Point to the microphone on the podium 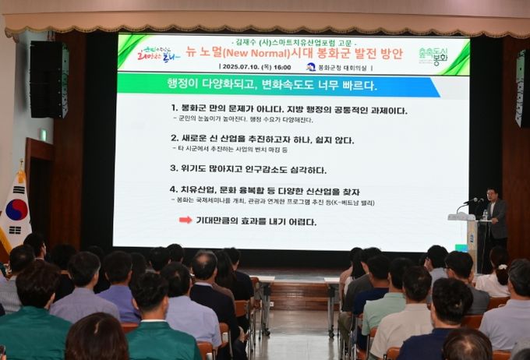[x=470, y=202]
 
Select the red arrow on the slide [x=185, y=221]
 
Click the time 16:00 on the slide [x=282, y=67]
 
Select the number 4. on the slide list [x=175, y=189]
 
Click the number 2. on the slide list [x=175, y=137]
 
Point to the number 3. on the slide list [x=175, y=167]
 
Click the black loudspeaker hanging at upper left [x=48, y=79]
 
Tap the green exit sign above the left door [x=43, y=134]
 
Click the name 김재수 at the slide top [x=249, y=40]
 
